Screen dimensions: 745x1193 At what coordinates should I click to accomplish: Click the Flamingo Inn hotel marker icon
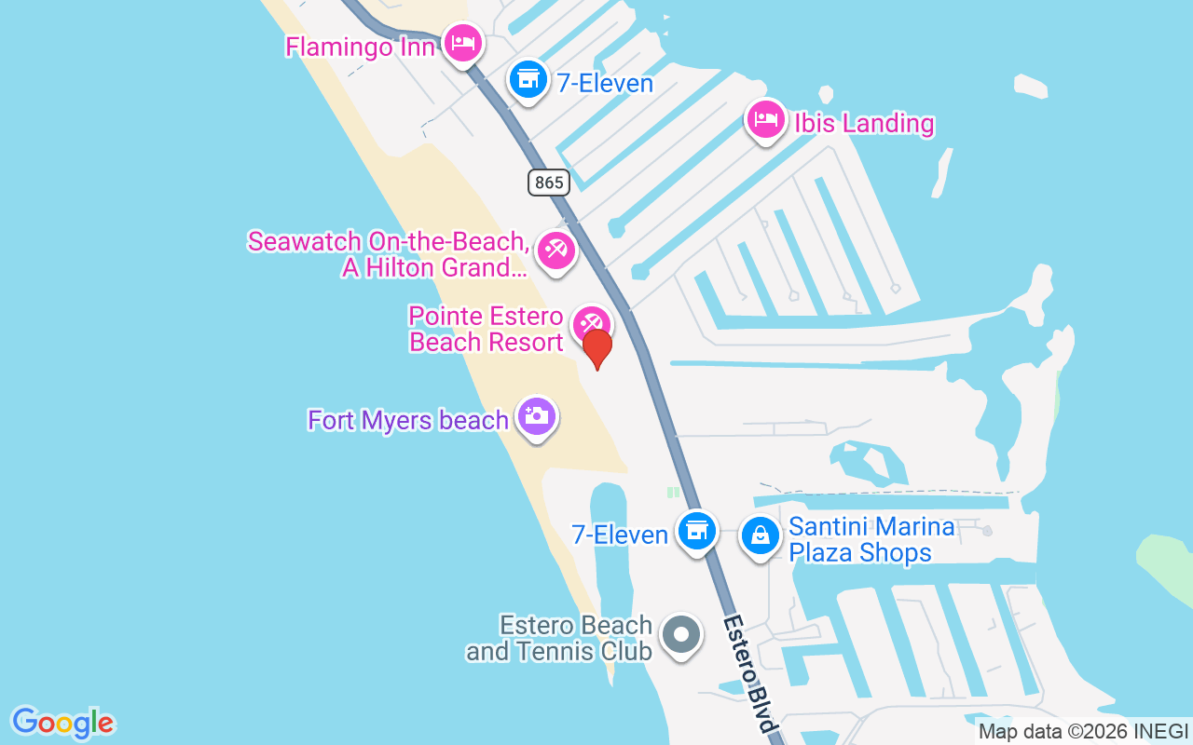[x=462, y=43]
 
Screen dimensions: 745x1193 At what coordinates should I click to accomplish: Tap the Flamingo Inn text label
[x=360, y=47]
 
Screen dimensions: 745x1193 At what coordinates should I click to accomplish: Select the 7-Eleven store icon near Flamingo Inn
[x=528, y=79]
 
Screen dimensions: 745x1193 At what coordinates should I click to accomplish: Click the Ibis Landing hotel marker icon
[x=765, y=119]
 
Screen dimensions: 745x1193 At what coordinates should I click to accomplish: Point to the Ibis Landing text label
[x=863, y=123]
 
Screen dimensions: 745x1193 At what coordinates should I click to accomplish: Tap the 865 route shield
[x=549, y=182]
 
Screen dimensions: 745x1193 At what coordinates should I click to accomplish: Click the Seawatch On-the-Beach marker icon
[x=556, y=250]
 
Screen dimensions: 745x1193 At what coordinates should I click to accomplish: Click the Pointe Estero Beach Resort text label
[x=486, y=329]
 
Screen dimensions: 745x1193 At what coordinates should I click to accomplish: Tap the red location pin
[x=596, y=348]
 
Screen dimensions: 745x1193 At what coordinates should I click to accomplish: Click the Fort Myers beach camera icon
[x=536, y=416]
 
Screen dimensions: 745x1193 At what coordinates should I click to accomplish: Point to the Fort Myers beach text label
[x=408, y=421]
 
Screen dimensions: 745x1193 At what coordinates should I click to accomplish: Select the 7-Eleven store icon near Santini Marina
[x=696, y=531]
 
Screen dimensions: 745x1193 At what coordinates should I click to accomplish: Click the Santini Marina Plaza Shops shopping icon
[x=761, y=535]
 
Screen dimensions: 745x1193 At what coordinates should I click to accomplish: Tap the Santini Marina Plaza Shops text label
[x=871, y=540]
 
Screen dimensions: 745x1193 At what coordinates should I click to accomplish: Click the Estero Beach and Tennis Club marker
[x=681, y=635]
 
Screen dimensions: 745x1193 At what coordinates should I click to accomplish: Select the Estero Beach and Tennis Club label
[x=559, y=638]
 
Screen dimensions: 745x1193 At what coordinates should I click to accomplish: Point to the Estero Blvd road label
[x=751, y=672]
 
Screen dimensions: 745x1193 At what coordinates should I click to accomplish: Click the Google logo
[x=62, y=723]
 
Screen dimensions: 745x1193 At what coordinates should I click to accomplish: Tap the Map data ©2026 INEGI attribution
[x=1083, y=732]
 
